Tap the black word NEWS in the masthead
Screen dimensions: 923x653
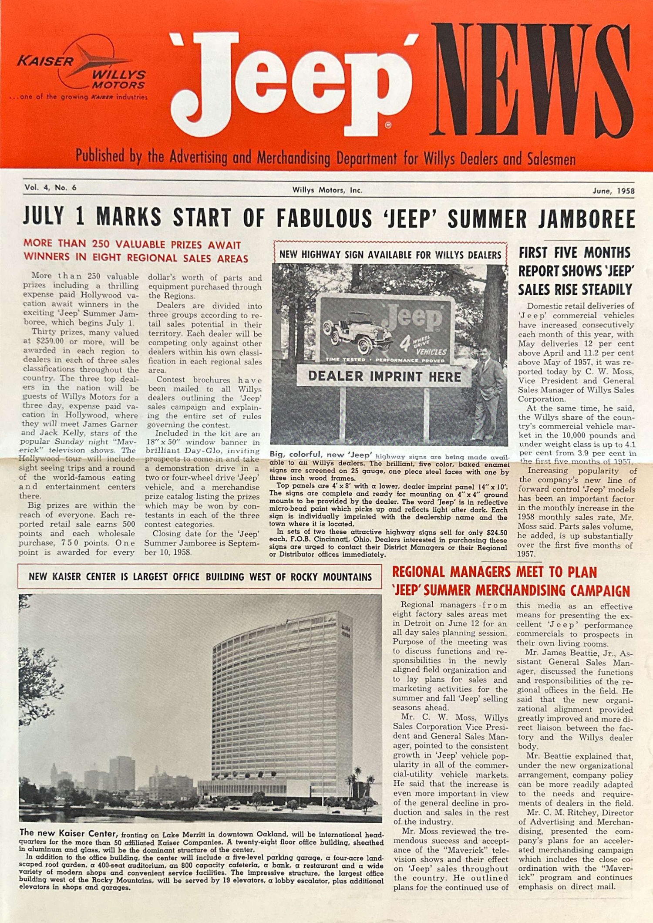[x=531, y=81]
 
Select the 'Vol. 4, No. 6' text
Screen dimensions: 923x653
[x=50, y=188]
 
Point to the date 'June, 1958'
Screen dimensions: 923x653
[x=613, y=191]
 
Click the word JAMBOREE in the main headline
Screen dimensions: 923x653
[x=586, y=219]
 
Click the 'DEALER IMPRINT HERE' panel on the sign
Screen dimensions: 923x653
[x=384, y=376]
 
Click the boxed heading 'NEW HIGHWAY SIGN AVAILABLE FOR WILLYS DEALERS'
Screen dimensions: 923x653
[x=390, y=255]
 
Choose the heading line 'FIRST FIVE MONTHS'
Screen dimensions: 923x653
[x=574, y=253]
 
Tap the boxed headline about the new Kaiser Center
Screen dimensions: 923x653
[x=200, y=576]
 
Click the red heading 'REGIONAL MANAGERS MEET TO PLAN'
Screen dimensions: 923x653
[x=495, y=572]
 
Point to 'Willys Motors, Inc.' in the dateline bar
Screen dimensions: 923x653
[x=327, y=190]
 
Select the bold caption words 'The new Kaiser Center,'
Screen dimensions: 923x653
[x=69, y=833]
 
